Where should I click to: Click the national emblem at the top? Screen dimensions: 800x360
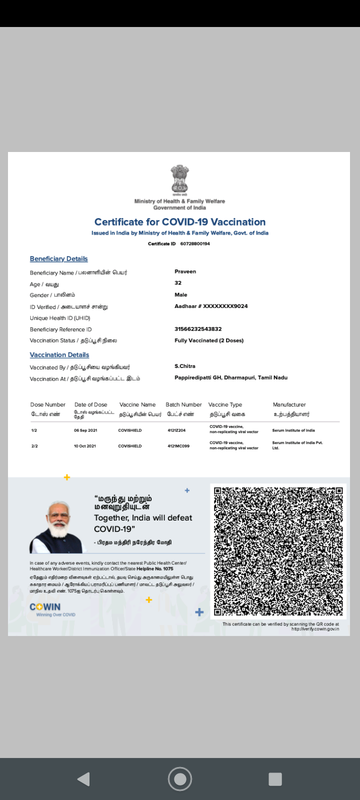pos(179,180)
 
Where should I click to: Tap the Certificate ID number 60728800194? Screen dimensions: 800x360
pos(195,244)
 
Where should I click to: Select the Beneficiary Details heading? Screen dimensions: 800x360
pos(58,258)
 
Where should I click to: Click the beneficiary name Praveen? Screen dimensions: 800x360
pos(185,271)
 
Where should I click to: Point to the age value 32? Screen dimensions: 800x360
pos(178,283)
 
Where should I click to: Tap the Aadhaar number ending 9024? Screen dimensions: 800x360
pos(211,306)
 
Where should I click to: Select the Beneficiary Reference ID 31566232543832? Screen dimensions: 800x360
pos(198,329)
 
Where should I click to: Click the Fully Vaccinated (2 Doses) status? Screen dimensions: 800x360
pos(209,340)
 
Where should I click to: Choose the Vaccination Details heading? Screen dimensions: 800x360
pos(59,354)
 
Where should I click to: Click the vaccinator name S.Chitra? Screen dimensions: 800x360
pos(185,366)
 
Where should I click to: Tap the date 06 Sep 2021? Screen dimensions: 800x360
pos(85,430)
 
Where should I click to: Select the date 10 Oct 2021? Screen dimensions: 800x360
pos(85,445)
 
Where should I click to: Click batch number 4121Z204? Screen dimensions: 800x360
pos(176,430)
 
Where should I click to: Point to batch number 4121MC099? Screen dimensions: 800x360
pos(178,445)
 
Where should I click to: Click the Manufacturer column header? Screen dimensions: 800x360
pos(289,404)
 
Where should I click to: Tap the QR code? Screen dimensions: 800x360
pos(278,550)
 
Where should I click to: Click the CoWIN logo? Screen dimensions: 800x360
pos(45,607)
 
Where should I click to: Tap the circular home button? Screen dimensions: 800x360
pos(180,778)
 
